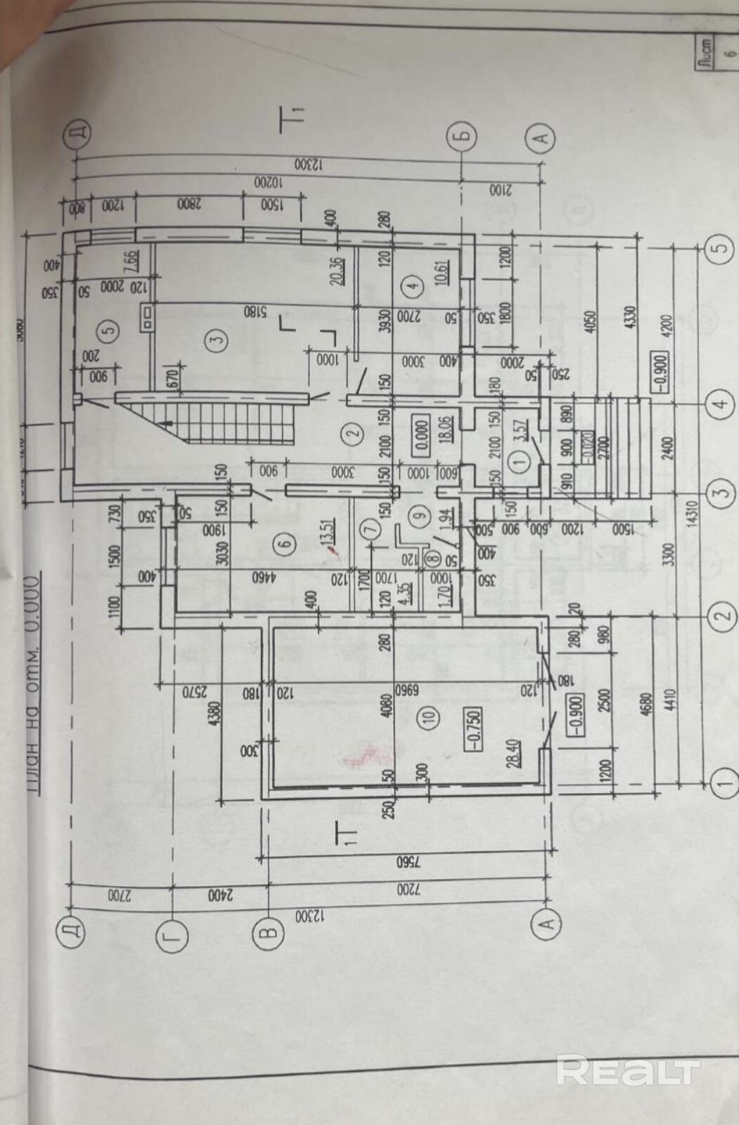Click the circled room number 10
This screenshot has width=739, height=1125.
pyautogui.click(x=431, y=717)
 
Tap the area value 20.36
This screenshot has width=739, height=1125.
pyautogui.click(x=337, y=267)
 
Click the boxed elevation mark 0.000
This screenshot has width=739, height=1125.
pyautogui.click(x=421, y=427)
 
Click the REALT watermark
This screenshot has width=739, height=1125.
pyautogui.click(x=627, y=1072)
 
